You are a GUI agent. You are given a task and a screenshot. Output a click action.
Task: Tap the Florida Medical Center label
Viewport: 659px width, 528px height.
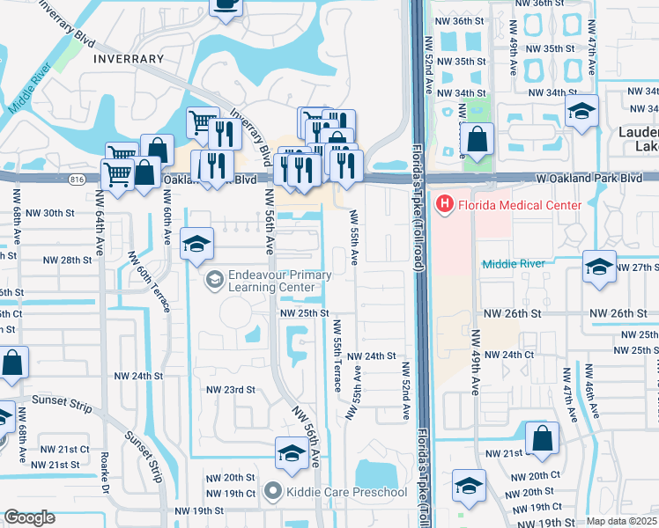518,205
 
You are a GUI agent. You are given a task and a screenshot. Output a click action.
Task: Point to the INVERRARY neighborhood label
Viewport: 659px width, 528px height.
126,59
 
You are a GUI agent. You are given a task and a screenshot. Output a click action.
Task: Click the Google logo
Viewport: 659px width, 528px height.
29,518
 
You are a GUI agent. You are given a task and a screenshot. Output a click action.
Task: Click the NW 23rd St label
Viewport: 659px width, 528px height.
230,389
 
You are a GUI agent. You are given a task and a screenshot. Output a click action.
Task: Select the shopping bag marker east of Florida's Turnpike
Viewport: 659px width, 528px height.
476,140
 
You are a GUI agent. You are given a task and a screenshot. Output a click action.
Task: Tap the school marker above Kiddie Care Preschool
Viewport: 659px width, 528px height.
292,453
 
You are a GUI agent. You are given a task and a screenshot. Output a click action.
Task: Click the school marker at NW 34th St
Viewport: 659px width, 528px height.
581,112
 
